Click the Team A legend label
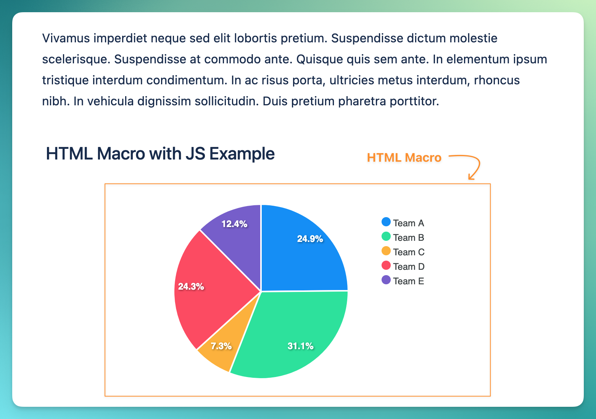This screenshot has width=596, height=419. coord(408,223)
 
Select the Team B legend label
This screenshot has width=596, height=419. coord(408,238)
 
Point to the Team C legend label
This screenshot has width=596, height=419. coord(409,252)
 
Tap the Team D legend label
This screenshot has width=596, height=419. coord(409,267)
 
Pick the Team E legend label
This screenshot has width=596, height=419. coord(408,281)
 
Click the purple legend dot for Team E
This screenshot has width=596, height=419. coord(386,280)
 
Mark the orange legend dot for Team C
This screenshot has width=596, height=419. coord(386,251)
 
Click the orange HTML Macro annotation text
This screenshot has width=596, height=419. coord(404,158)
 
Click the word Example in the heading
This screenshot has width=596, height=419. coord(242,154)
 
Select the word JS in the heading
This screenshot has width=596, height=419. coord(195,153)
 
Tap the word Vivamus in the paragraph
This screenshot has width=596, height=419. coord(66,38)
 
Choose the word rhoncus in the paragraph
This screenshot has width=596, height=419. coord(497,80)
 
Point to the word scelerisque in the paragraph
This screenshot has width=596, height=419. coord(76,59)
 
